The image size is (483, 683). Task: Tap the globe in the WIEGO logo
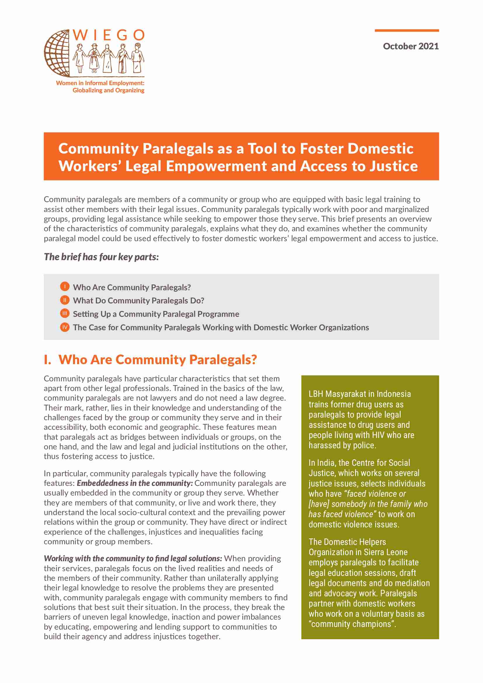[58, 53]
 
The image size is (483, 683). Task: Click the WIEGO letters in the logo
[109, 35]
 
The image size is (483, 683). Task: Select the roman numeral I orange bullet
[65, 286]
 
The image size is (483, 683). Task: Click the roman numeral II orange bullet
[65, 300]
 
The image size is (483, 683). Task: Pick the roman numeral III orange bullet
[65, 313]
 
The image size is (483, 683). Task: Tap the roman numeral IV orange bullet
[65, 327]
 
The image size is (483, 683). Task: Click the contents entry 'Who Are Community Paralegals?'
[132, 287]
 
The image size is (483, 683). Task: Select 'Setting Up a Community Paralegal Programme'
[156, 314]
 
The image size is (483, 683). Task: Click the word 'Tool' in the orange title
[263, 148]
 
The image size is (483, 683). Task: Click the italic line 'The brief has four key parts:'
[101, 257]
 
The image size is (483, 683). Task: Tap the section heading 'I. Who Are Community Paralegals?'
[150, 360]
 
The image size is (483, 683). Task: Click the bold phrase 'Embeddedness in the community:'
[135, 483]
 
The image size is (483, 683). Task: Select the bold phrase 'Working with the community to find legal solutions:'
[133, 558]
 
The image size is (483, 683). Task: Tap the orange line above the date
[406, 31]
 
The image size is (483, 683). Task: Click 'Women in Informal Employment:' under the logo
[100, 83]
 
